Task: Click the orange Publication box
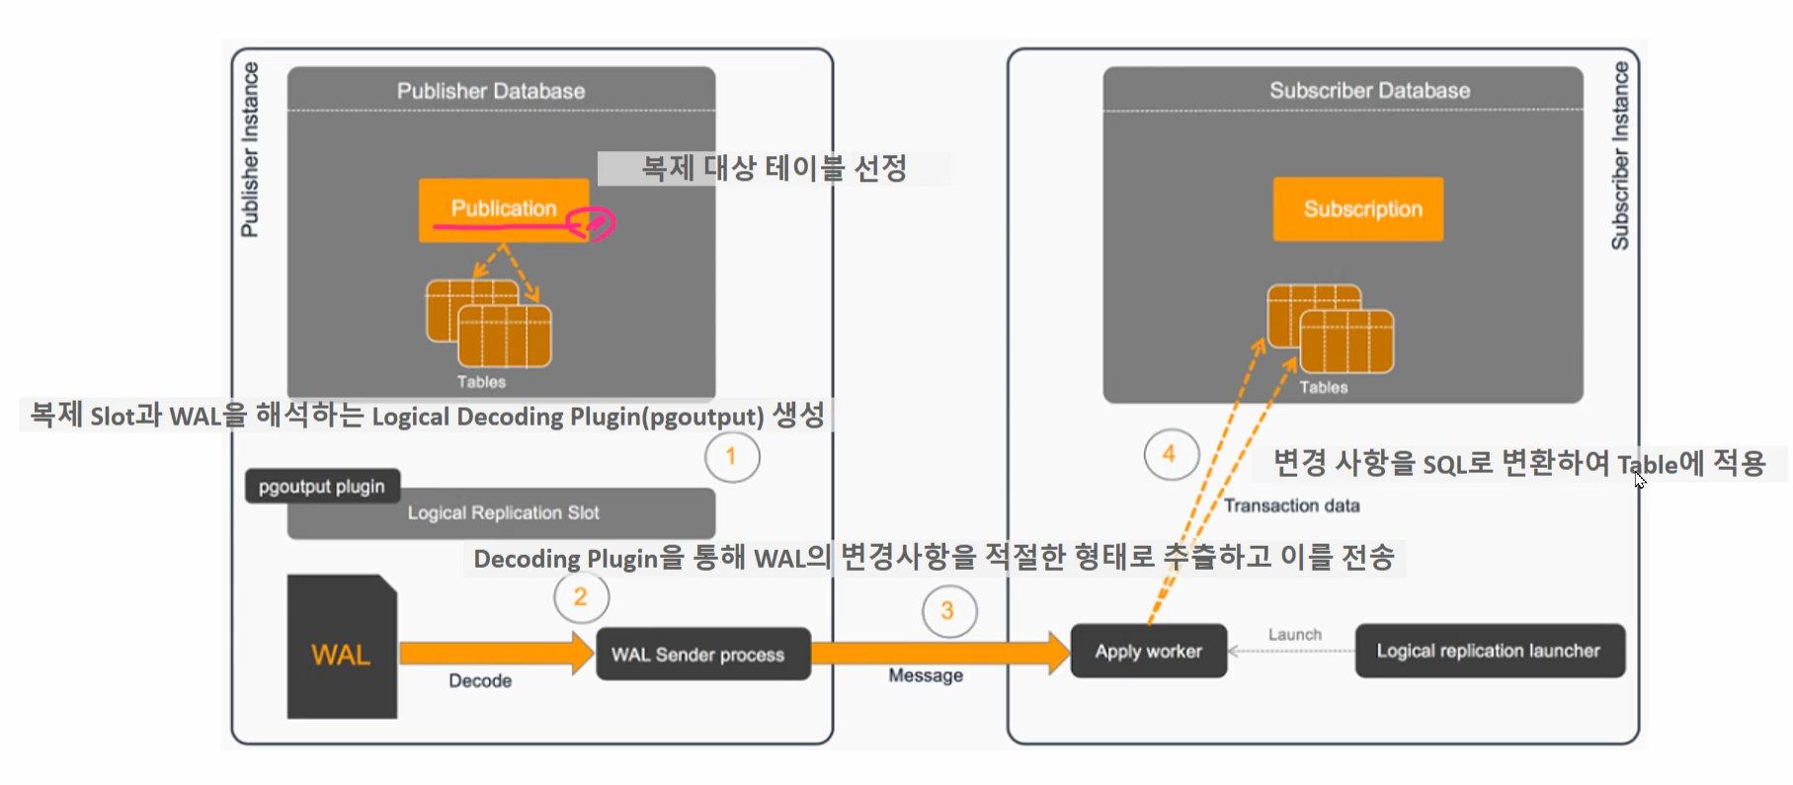[x=504, y=208]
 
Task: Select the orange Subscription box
[x=1358, y=209]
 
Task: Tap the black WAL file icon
[x=342, y=648]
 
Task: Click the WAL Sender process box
[x=702, y=654]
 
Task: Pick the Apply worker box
[x=1148, y=651]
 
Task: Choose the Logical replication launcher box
[x=1489, y=651]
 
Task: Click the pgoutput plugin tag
[x=322, y=486]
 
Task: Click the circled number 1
[x=731, y=457]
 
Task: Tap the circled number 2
[x=581, y=597]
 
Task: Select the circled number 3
[x=948, y=611]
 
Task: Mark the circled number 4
[x=1170, y=454]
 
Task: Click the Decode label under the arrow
[x=480, y=680]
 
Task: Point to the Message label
[x=926, y=675]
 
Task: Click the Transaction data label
[x=1292, y=506]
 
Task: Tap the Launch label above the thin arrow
[x=1294, y=634]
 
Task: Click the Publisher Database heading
[x=491, y=91]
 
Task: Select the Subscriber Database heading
[x=1369, y=90]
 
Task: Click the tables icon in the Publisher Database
[x=489, y=324]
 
